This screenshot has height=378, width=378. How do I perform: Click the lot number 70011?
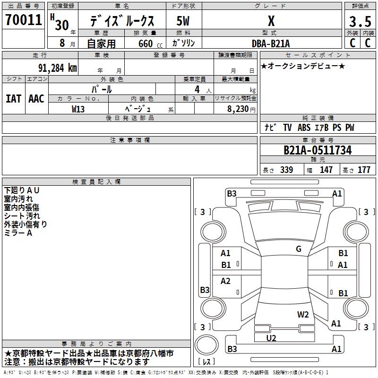point(23,20)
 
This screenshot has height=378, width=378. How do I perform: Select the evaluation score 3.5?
point(360,22)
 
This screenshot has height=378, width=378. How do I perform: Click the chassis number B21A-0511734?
point(318,150)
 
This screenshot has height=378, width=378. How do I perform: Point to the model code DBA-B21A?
point(270,43)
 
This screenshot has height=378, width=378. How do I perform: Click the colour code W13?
point(78,109)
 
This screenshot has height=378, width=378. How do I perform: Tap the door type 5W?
point(183,21)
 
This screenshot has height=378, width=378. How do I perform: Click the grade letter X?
point(271,21)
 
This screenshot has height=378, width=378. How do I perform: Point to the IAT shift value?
point(13,99)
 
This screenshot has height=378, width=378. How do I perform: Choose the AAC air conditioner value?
point(36,99)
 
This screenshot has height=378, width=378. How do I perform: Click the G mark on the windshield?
point(299,249)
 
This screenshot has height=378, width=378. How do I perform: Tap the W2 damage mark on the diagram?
point(303,315)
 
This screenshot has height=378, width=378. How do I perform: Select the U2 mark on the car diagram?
point(271,338)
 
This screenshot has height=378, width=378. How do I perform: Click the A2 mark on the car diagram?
point(225,281)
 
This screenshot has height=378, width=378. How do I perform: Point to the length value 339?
point(286,170)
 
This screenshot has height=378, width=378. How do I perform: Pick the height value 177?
point(364,170)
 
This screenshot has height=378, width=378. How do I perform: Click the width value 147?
point(326,170)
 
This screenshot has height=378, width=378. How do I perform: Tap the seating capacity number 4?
point(197,89)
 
